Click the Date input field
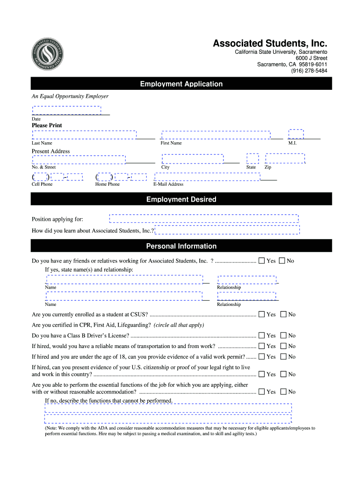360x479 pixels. (66, 110)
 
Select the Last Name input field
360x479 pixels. (84, 135)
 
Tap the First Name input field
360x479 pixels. (216, 135)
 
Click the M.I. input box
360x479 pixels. (296, 134)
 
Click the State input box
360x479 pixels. (252, 159)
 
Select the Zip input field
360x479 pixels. (285, 159)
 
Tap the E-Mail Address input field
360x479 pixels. (208, 177)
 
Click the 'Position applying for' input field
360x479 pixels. (204, 218)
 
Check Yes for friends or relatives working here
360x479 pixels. (262, 261)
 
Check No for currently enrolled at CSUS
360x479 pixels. (283, 315)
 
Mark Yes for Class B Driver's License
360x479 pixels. (262, 335)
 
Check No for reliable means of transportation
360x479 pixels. (283, 346)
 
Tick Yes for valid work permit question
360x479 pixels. (262, 357)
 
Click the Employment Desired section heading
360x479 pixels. (181, 200)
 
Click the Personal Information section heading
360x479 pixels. (181, 247)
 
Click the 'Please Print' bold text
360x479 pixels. (47, 125)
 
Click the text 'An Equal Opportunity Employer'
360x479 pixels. (70, 96)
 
